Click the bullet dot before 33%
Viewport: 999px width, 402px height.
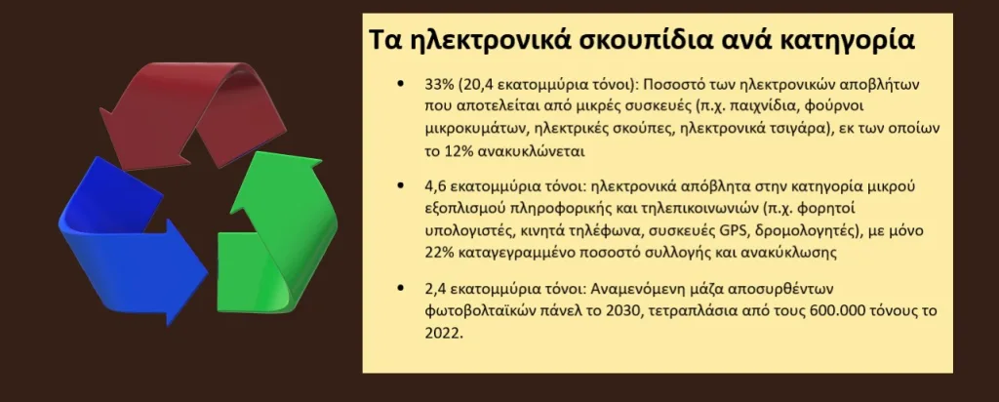[x=401, y=84]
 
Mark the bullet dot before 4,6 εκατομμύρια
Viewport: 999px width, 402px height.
[x=401, y=186]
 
